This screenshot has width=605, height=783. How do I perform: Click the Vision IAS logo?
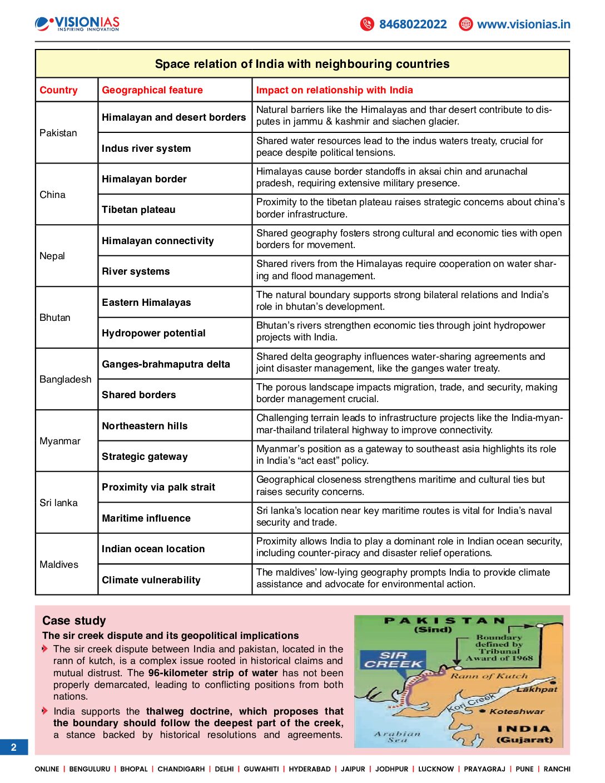77,24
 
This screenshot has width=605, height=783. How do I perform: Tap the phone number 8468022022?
413,24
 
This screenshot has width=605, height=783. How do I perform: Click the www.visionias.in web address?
523,24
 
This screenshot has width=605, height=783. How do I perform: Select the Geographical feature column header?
152,90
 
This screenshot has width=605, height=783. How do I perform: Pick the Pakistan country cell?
58,133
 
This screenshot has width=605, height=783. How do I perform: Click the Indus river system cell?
146,148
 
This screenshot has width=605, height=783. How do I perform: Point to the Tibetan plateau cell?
138,210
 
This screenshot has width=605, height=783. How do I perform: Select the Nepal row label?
52,256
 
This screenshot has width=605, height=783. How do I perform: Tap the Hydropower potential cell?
153,333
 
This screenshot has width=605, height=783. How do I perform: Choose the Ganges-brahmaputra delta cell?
166,364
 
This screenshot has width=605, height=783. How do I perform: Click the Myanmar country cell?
60,441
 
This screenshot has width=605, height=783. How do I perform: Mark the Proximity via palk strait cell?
158,487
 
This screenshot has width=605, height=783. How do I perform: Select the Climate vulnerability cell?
151,580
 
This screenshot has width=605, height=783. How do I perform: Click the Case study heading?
74,621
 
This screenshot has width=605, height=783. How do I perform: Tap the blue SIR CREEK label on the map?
393,660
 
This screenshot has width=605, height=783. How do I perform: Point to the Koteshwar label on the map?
517,711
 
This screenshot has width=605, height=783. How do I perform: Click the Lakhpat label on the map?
537,689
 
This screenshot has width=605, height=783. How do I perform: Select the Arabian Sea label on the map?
398,737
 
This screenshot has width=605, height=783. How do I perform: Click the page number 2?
14,747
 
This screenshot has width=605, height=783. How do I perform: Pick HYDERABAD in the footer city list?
310,769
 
